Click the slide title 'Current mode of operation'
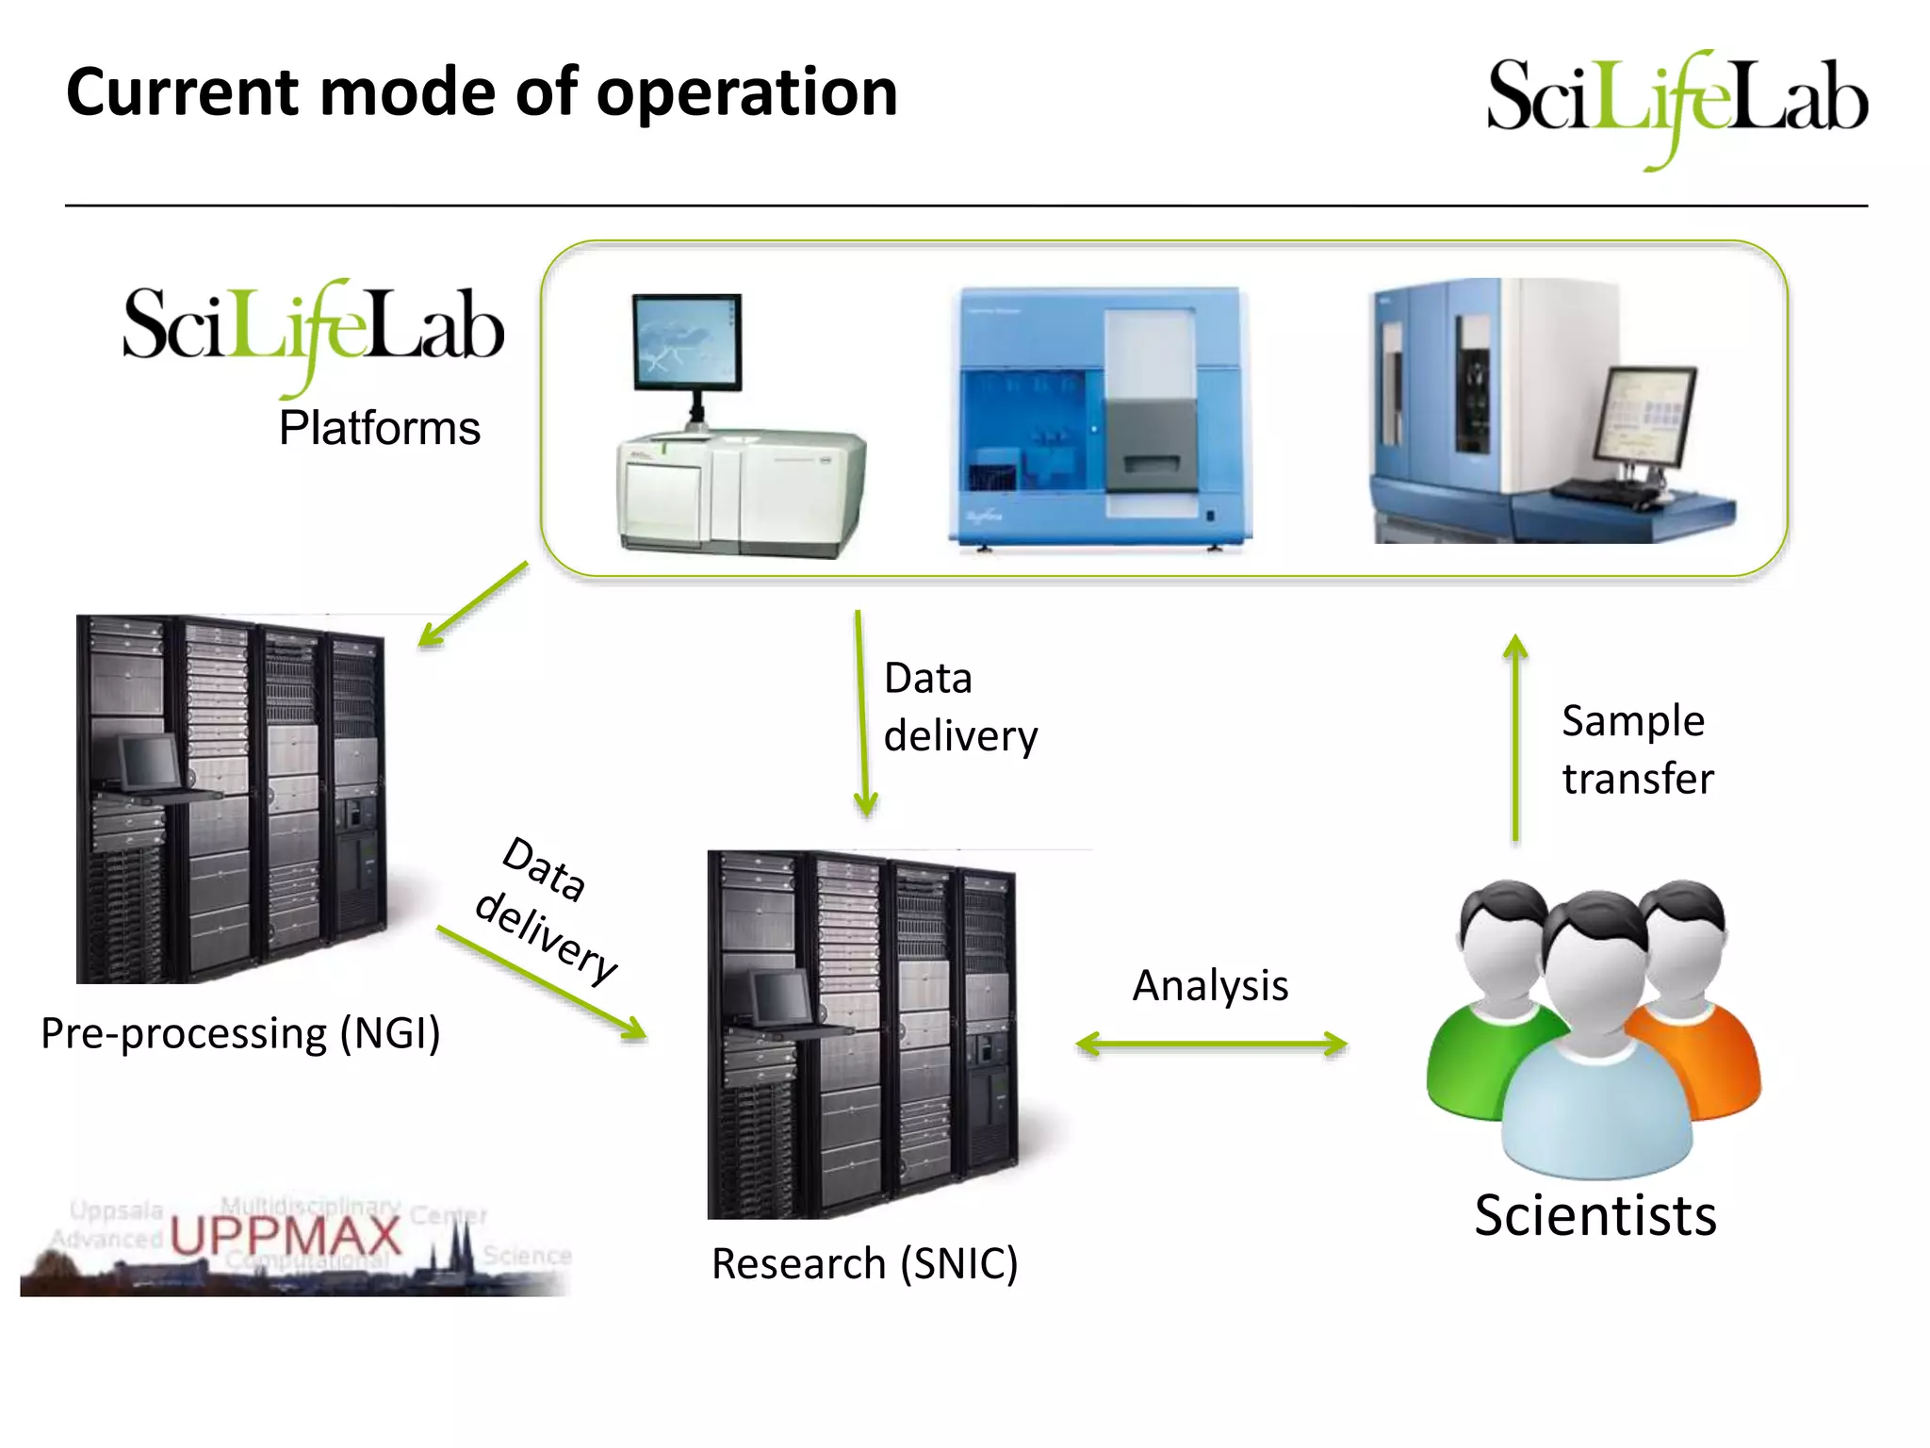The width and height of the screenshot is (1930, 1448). point(482,92)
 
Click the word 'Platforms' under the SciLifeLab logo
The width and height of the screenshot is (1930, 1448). point(379,429)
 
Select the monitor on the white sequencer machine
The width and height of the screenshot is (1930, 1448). point(686,341)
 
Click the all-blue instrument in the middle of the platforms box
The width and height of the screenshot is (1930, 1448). point(1099,417)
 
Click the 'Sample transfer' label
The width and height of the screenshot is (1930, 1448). point(1637,749)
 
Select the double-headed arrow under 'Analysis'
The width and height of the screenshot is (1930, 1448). point(1212,1045)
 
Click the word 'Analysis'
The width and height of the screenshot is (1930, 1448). point(1210,986)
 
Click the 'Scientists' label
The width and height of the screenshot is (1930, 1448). point(1595,1215)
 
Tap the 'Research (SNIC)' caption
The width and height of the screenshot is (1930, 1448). point(864,1264)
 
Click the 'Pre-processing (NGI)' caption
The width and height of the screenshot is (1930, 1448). point(240,1033)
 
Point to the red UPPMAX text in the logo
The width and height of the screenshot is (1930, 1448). point(286,1235)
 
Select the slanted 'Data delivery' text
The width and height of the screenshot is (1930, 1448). point(547,910)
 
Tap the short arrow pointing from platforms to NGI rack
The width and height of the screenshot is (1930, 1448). point(473,604)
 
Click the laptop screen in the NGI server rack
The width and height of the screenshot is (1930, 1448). point(151,762)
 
